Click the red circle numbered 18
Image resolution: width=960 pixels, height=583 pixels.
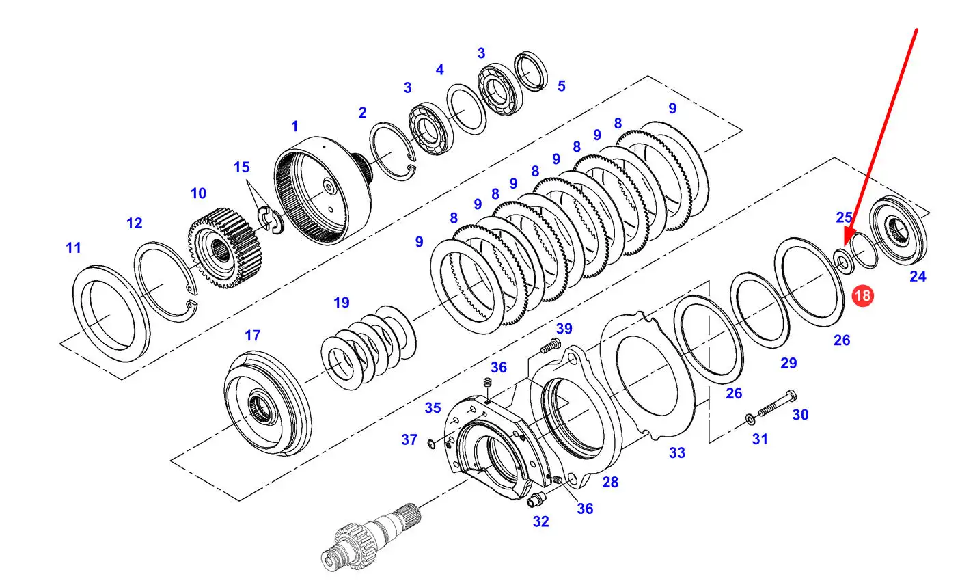pyautogui.click(x=862, y=295)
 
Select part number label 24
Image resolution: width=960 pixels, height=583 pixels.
pyautogui.click(x=918, y=277)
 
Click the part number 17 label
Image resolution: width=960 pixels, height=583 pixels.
pyautogui.click(x=252, y=335)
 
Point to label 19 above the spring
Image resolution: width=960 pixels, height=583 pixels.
pyautogui.click(x=341, y=303)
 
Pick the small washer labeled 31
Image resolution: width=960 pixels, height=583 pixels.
pyautogui.click(x=751, y=419)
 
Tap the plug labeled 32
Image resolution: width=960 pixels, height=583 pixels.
pyautogui.click(x=536, y=498)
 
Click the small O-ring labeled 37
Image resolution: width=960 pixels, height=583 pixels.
pyautogui.click(x=432, y=444)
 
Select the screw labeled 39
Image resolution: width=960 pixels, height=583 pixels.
pyautogui.click(x=550, y=346)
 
